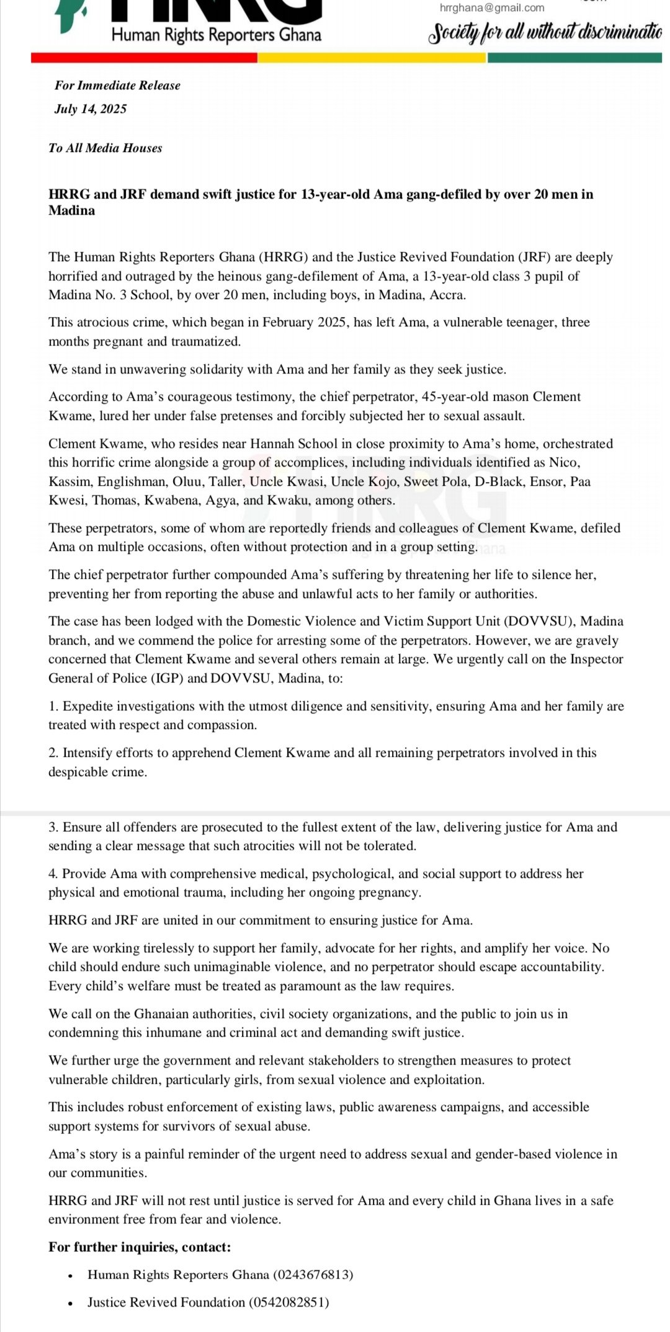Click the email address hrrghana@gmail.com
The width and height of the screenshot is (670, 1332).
click(492, 8)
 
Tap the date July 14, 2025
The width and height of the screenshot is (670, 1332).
click(91, 109)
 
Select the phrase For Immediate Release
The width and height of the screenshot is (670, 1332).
click(117, 86)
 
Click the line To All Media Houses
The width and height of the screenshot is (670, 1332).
click(105, 148)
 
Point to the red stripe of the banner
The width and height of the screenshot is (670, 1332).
click(144, 58)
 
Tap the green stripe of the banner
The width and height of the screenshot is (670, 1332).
click(574, 58)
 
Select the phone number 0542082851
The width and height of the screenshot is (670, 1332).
click(289, 1302)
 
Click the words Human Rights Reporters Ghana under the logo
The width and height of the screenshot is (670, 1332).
click(217, 35)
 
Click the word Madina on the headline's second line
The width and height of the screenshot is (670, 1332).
click(72, 210)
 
